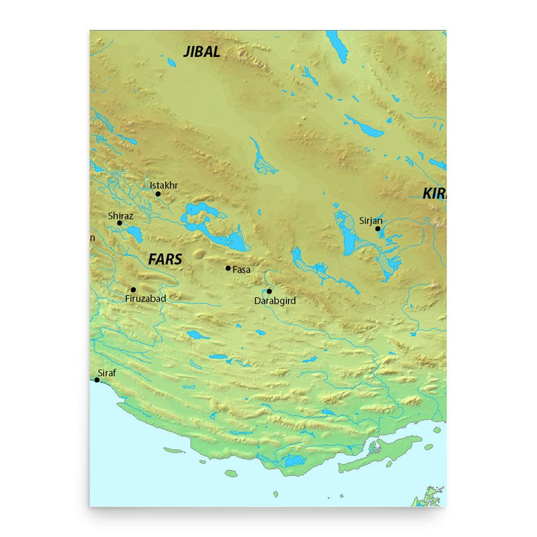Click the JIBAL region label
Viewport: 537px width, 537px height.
pyautogui.click(x=201, y=52)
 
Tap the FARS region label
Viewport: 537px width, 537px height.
pyautogui.click(x=165, y=259)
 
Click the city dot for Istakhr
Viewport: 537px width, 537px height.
pyautogui.click(x=158, y=194)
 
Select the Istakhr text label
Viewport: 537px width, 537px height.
pyautogui.click(x=164, y=185)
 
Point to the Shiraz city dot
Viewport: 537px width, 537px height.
pyautogui.click(x=119, y=223)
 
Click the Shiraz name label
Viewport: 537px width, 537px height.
pyautogui.click(x=121, y=215)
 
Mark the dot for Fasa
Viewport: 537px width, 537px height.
pyautogui.click(x=228, y=268)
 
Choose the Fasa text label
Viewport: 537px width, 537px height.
pyautogui.click(x=242, y=269)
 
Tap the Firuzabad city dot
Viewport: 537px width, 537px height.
pyautogui.click(x=133, y=290)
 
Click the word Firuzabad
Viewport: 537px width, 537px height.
pyautogui.click(x=146, y=299)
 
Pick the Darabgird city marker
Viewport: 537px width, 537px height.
pyautogui.click(x=268, y=291)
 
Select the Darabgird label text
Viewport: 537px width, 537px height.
pyautogui.click(x=275, y=301)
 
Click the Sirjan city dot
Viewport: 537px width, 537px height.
pyautogui.click(x=378, y=228)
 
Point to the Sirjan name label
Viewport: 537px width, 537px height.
pyautogui.click(x=371, y=219)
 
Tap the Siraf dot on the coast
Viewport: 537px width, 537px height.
pyautogui.click(x=97, y=380)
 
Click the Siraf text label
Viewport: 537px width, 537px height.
pyautogui.click(x=107, y=372)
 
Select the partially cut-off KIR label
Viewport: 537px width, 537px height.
pyautogui.click(x=434, y=194)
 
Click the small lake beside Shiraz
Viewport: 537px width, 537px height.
pyautogui.click(x=134, y=235)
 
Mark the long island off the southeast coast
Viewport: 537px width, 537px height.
pyautogui.click(x=380, y=454)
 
